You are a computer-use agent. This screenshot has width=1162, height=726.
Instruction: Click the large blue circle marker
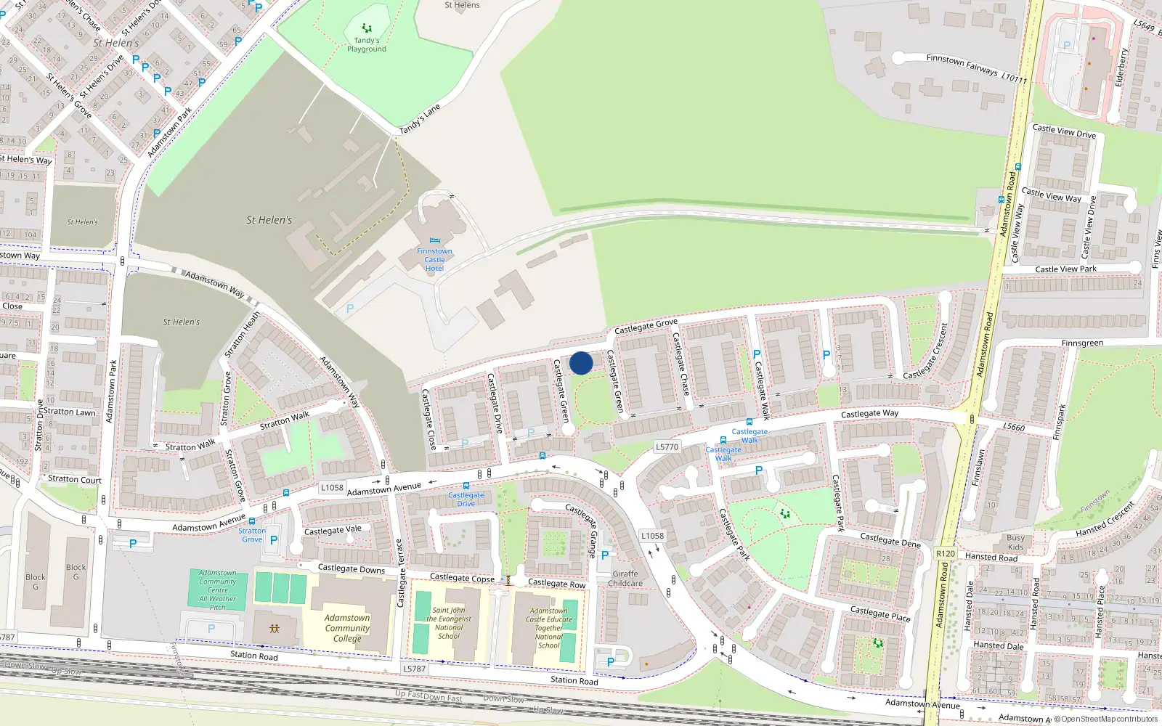point(581,363)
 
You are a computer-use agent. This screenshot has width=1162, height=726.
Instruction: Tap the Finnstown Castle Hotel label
point(434,260)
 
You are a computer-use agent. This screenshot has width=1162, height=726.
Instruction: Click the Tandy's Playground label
point(366,45)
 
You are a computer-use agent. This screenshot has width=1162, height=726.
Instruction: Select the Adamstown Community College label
point(347,628)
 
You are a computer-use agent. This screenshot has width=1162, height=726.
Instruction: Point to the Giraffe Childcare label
point(625,579)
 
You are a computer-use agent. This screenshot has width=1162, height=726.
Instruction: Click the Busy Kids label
point(1015,542)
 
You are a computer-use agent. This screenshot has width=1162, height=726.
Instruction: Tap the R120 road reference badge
point(946,553)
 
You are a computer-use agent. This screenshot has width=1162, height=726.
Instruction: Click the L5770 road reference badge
point(667,447)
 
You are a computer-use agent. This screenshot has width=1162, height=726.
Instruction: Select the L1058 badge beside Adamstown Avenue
point(332,488)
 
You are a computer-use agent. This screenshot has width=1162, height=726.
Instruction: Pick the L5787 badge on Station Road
point(414,669)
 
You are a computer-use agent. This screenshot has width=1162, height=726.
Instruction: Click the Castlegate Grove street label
point(646,326)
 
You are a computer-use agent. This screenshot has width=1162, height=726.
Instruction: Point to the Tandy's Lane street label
point(420,119)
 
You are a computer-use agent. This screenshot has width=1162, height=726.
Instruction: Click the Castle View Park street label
point(1065,269)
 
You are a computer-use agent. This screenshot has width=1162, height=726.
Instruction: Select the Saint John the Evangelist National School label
point(449,623)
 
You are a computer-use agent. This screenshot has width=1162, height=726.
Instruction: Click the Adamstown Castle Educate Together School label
point(549,628)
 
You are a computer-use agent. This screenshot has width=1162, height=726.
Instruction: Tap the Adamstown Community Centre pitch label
point(218,590)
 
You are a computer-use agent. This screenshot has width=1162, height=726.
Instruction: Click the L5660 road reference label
point(1014,427)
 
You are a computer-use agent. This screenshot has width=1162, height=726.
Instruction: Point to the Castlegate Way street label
point(869,414)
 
